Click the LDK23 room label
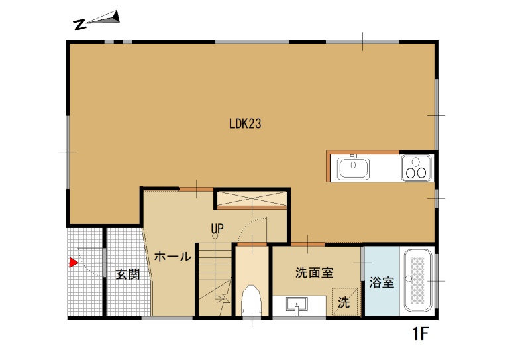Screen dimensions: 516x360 (245, 124)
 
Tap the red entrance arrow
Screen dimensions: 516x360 (73, 263)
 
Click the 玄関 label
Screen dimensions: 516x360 (128, 274)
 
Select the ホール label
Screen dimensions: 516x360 (173, 256)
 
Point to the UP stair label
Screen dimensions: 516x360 (217, 228)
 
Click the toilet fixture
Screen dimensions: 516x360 (252, 300)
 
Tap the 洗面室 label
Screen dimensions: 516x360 (314, 272)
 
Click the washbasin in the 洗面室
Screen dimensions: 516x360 (297, 306)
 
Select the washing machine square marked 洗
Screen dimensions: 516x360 (344, 302)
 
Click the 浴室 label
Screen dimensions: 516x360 (382, 282)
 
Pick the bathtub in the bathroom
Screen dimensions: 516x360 (417, 280)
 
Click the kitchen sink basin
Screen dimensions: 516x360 (353, 168)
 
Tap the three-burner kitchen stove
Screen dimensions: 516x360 (416, 168)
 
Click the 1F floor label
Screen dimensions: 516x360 (420, 333)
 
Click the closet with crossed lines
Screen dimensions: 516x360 (252, 199)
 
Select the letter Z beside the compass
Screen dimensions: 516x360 (79, 25)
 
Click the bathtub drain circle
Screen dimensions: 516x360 (409, 279)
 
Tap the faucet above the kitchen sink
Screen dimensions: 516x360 (354, 156)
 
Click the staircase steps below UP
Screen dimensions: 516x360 (215, 279)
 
